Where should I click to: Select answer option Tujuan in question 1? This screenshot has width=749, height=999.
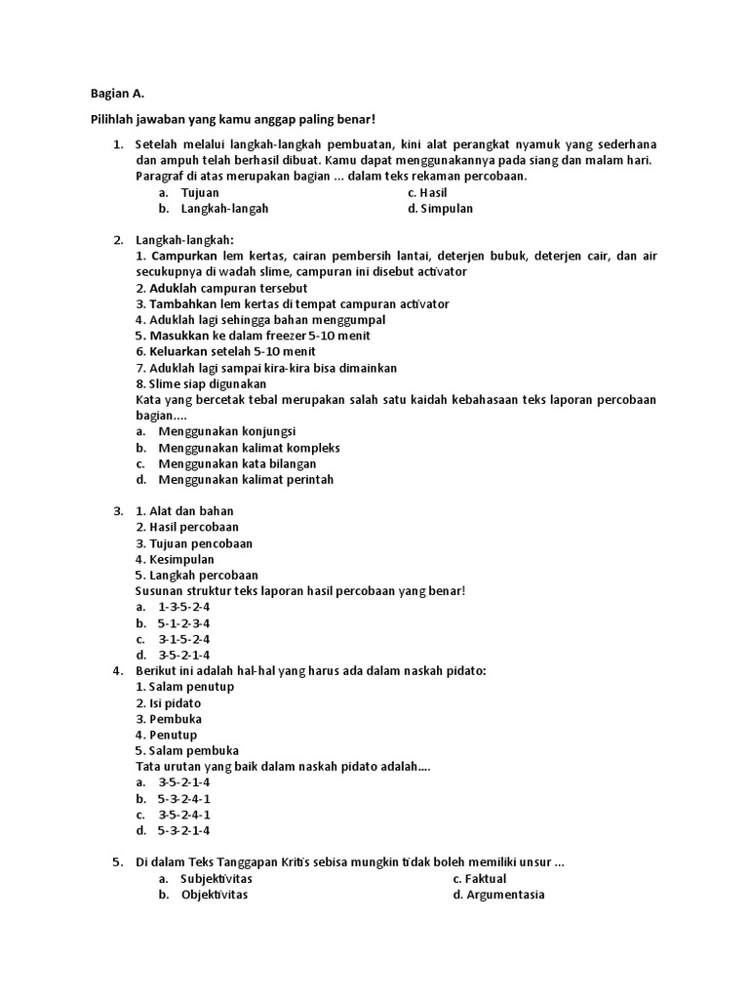coord(199,193)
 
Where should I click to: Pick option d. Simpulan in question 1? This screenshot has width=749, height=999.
coord(441,209)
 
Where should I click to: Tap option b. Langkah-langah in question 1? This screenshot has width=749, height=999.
coord(224,209)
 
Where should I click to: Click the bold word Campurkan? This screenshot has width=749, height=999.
coord(186,256)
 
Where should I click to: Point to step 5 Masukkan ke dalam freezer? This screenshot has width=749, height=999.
coord(253,336)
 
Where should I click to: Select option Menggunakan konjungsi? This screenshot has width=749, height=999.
coord(227,431)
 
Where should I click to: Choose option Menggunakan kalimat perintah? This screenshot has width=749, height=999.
coord(246,479)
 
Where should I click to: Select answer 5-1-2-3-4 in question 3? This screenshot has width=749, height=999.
coord(183,622)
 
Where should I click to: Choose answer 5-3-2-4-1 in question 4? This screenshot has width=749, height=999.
coord(183,798)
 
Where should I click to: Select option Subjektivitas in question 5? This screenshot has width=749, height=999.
coord(216,879)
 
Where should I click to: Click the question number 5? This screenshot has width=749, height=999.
coord(116,862)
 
